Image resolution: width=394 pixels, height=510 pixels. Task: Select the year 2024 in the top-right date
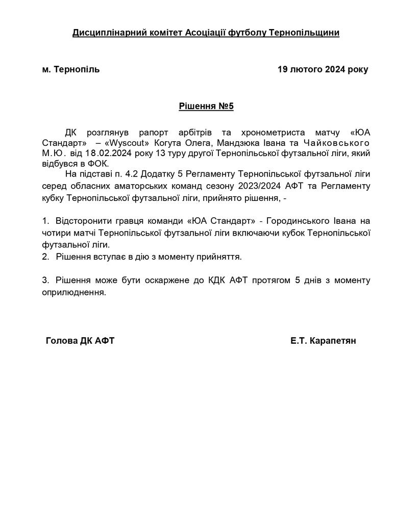tap(335, 69)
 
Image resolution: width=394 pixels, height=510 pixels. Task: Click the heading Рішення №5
tap(206, 107)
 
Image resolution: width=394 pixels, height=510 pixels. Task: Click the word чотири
tap(56, 233)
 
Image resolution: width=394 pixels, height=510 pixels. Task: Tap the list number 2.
tap(45, 257)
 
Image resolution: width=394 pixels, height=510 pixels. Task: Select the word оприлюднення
tap(75, 293)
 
